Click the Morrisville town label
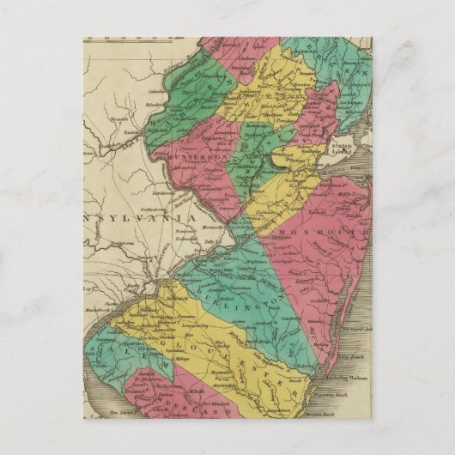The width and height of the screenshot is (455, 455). pos(209,227)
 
